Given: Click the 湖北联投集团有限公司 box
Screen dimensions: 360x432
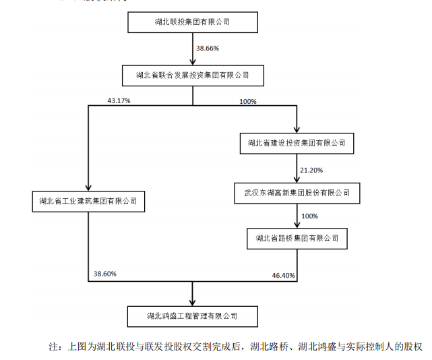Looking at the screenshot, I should tap(192, 23).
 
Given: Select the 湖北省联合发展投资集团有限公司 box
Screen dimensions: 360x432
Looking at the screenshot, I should tap(192, 75).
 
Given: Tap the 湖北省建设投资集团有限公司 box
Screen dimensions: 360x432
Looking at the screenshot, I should tap(297, 143).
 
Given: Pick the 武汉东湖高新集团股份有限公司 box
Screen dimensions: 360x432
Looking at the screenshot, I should tap(297, 193).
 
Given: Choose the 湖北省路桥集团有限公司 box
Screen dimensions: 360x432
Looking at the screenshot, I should tap(297, 238).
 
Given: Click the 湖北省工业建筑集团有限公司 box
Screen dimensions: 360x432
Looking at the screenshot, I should tap(88, 201).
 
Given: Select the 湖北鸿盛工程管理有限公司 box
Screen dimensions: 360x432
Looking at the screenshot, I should tap(192, 315).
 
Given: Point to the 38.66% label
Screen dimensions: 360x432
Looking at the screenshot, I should tap(208, 49).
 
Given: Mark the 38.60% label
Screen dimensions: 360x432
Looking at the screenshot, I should tap(105, 274).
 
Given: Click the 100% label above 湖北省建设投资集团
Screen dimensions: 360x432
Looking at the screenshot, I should tap(248, 101).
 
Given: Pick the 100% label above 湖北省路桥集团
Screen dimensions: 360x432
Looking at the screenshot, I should tap(309, 216).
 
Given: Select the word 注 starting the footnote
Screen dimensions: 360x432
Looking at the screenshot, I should tap(54, 347).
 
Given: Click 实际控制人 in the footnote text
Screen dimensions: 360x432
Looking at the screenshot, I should tap(370, 347).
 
